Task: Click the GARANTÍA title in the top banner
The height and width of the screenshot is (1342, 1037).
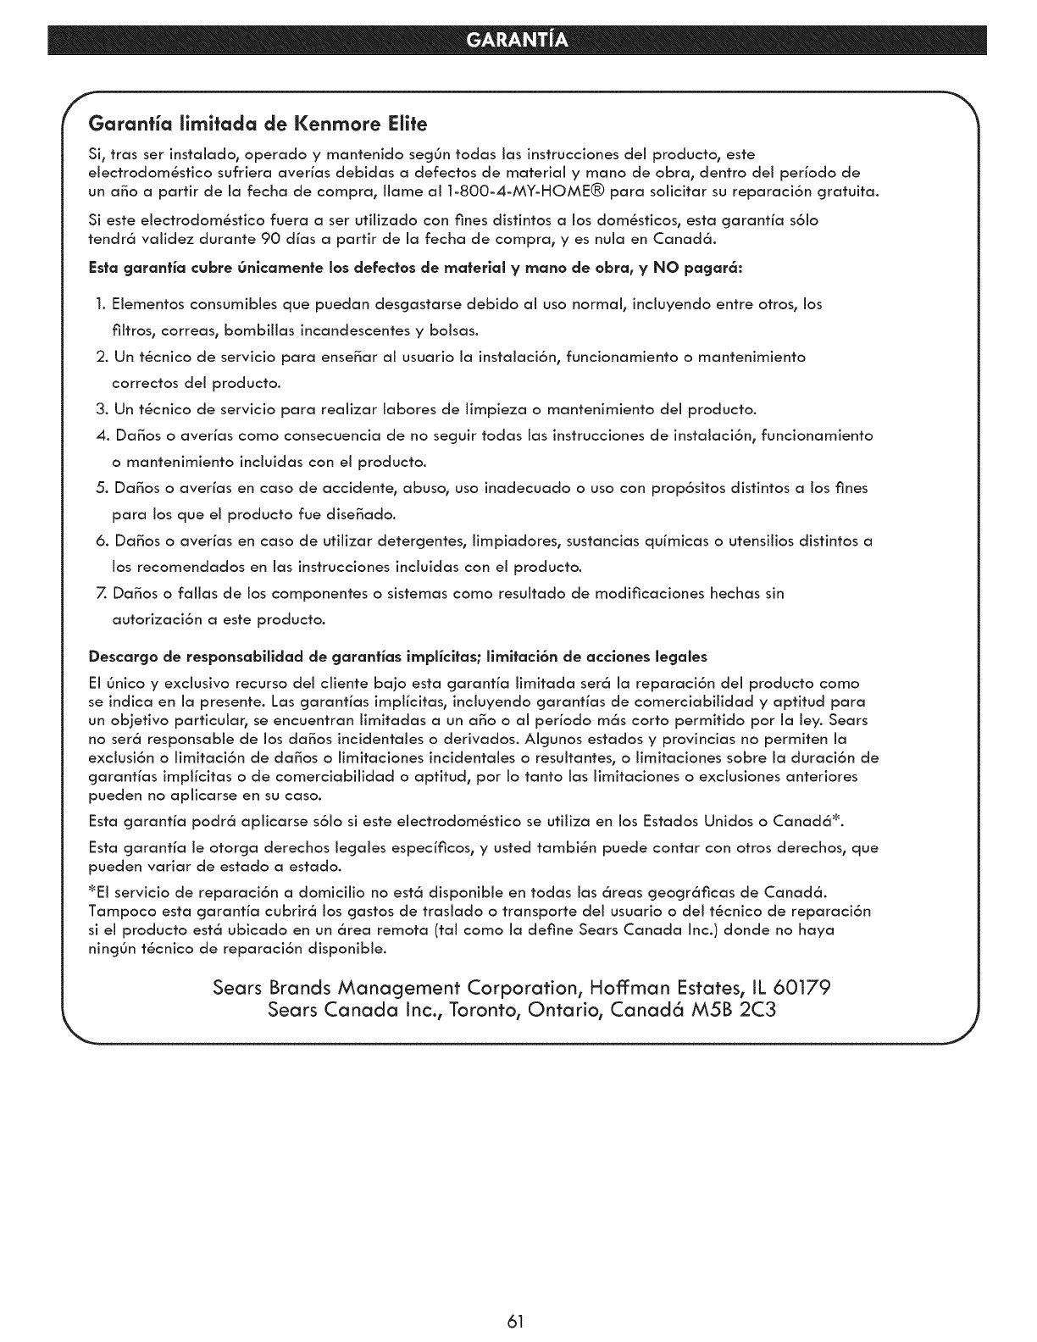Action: [518, 41]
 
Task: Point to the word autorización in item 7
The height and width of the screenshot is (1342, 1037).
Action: [155, 619]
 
